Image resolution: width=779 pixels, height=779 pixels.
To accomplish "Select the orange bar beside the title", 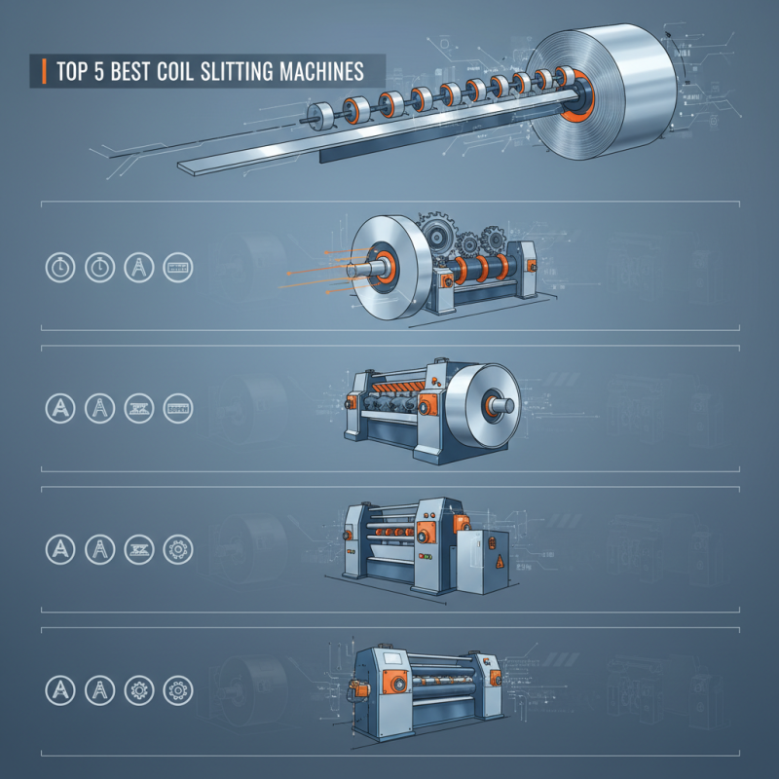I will coord(45,71).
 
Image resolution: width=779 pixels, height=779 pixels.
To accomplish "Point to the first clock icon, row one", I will coord(59,267).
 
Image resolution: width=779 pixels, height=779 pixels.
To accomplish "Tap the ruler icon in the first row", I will coord(178,267).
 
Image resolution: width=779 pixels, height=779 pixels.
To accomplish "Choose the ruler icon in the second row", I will coord(178,408).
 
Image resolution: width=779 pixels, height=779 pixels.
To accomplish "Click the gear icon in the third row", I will coord(178,549).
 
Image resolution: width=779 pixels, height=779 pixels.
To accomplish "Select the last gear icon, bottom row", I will coord(178,690).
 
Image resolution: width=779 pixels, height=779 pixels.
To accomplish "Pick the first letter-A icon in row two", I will coord(59,408).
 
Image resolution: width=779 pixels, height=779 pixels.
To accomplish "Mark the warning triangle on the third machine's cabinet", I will coord(499,562).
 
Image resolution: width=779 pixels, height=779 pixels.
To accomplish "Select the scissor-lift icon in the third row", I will coord(138,549).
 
